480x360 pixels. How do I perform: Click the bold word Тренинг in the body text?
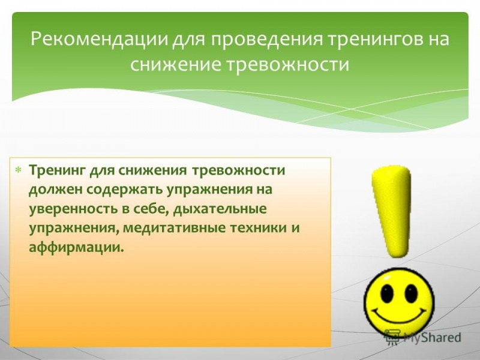57,170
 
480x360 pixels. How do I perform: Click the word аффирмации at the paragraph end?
75,248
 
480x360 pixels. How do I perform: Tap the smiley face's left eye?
387,293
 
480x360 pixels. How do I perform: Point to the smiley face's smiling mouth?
400,318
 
